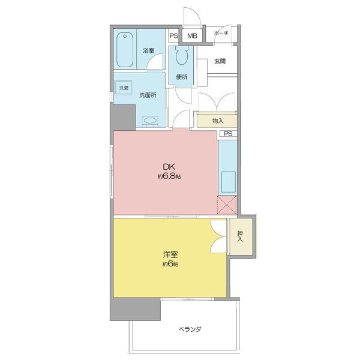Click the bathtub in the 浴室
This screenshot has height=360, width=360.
pos(125,50)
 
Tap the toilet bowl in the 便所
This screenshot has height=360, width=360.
pos(182,55)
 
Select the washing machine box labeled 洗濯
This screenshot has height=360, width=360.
pos(124,88)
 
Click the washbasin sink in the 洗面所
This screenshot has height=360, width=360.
pos(150,121)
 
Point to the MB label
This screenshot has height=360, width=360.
pos(192,36)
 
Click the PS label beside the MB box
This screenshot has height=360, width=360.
pos(173,36)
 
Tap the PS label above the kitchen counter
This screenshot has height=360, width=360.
pos(228,134)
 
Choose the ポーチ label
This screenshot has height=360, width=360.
pos(221,33)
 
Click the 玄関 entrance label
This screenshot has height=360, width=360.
pos(220,61)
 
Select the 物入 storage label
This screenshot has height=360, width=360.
pos(218,121)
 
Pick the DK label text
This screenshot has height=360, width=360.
pos(169,166)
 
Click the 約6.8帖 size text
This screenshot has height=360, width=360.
pos(169,176)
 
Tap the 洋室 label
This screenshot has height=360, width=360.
pos(170,254)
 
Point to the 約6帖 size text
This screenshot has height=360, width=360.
pos(170,264)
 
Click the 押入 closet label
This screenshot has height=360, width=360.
pos(240,236)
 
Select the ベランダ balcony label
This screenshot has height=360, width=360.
pos(190,329)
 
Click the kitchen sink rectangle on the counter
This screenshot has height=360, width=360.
pos(228,182)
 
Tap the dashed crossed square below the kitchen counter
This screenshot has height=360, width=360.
pos(227,205)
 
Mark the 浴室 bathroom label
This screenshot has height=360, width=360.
pos(149,50)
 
